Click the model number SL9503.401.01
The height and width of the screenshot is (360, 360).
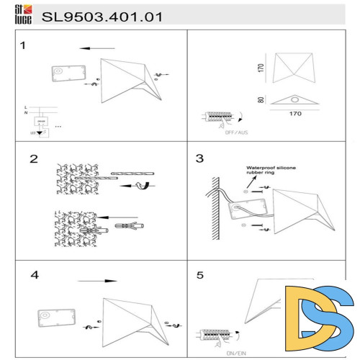tap(102, 15)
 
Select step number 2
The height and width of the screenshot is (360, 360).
tap(33, 159)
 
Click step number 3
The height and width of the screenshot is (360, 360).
tap(200, 158)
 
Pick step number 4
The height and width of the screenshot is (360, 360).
tap(35, 275)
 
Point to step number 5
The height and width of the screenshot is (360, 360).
tap(201, 275)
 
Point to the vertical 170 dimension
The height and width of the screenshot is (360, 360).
tap(261, 68)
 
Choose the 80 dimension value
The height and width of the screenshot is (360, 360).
tap(261, 100)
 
